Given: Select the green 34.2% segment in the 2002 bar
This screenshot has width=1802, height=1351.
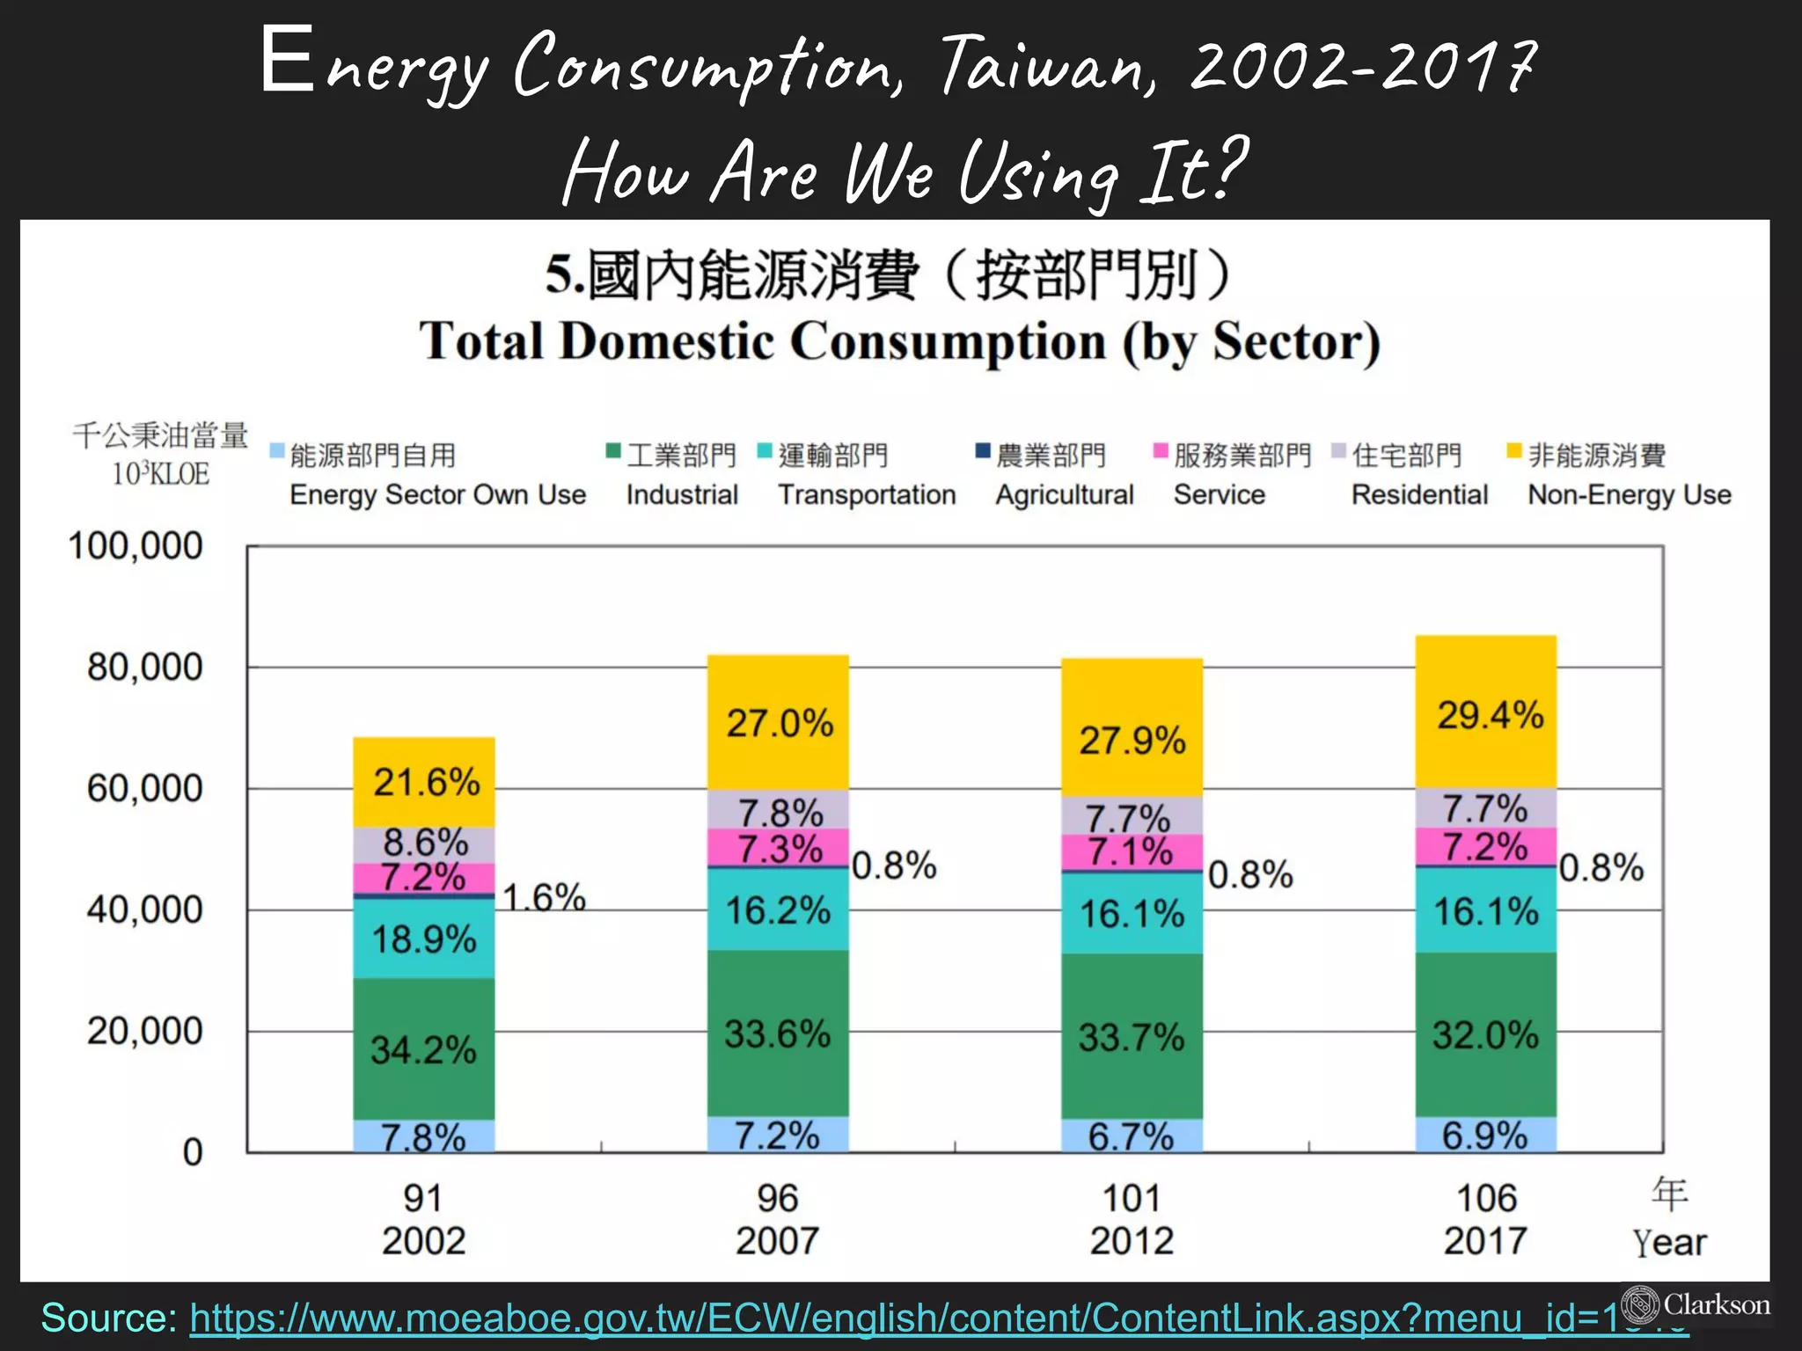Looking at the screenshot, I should coord(423,1048).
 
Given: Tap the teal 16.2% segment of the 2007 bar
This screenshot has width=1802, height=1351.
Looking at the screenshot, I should coord(778,909).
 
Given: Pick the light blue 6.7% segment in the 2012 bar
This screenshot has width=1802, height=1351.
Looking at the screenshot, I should coord(1132,1136).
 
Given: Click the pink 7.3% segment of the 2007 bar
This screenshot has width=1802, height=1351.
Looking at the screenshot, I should coord(778,849).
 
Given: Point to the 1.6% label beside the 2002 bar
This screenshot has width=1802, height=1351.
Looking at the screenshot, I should coord(544,897).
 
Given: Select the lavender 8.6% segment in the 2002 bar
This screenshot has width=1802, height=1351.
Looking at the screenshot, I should coord(423,843).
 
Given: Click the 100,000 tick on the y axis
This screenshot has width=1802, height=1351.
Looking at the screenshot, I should coord(136,546).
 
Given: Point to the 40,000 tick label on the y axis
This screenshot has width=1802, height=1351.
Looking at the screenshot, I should coord(144,909).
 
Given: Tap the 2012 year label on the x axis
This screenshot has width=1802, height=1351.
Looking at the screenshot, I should coord(1132,1241).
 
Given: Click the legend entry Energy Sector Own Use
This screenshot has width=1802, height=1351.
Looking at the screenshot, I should coord(437,494).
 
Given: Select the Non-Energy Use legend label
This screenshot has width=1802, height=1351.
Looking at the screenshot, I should coord(1629,494).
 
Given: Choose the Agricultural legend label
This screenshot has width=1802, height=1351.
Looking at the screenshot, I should coord(1064,494).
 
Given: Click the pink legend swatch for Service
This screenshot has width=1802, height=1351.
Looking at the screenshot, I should coord(1161,452).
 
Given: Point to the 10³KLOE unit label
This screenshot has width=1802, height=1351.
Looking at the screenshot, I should coord(160,474).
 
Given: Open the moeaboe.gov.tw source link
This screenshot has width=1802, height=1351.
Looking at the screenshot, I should coord(880,1318).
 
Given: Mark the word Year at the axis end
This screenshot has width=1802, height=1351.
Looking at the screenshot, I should coord(1669,1243).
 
